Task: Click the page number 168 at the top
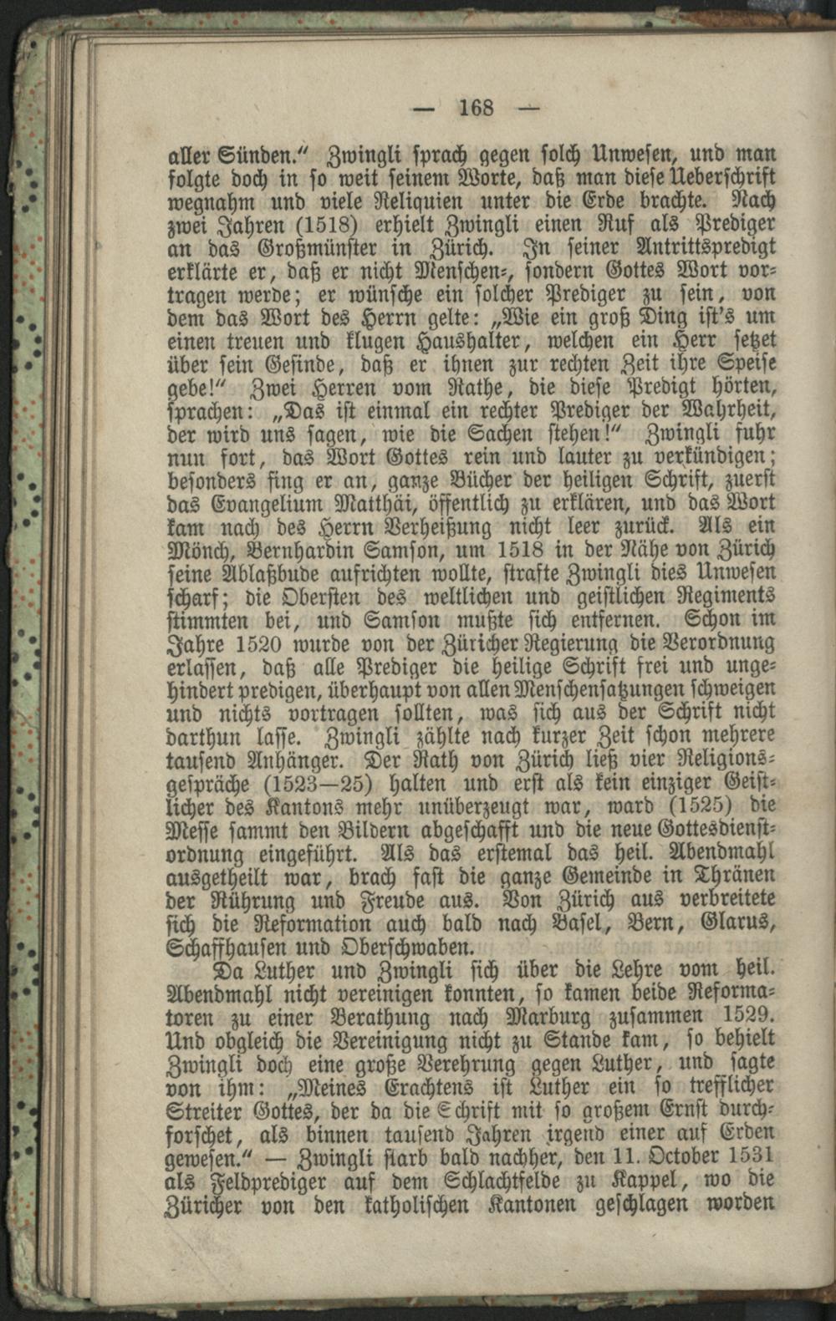[x=476, y=108]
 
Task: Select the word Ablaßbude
[x=248, y=575]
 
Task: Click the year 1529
[x=747, y=1017]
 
